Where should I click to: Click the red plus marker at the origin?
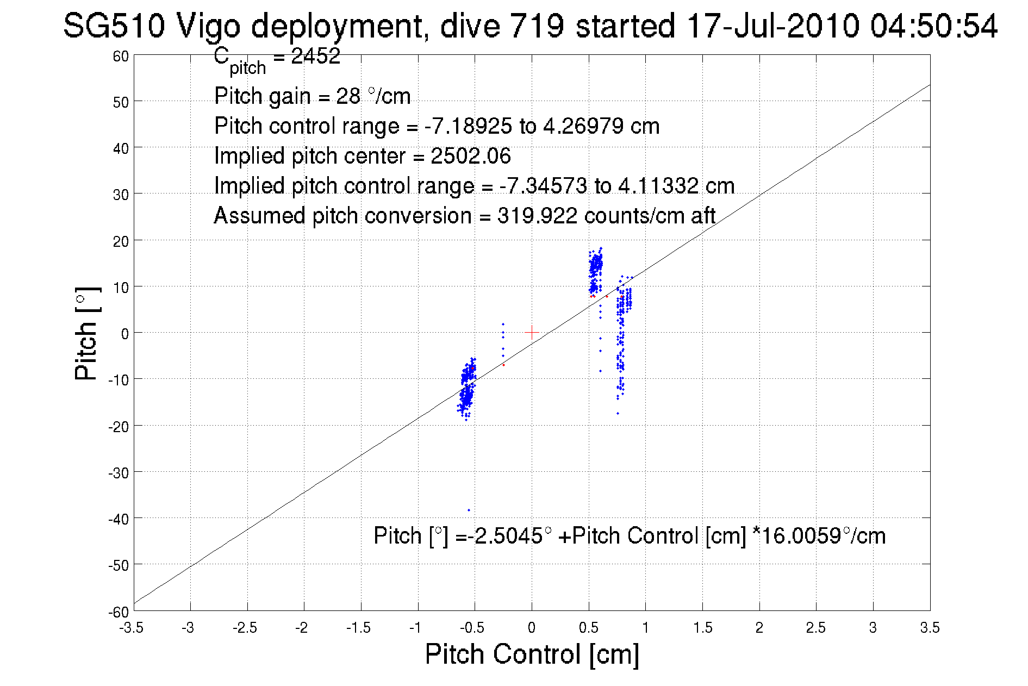[532, 332]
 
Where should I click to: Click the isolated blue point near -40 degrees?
[469, 510]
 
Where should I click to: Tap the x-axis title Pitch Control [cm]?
[532, 654]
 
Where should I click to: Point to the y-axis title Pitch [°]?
[87, 333]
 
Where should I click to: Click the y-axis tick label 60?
[121, 57]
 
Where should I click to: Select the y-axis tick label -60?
[118, 612]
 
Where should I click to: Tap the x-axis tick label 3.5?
[930, 628]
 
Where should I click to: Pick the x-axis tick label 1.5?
[702, 628]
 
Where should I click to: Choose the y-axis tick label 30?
[121, 195]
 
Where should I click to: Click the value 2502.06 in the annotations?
[471, 157]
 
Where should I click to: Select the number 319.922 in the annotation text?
[537, 216]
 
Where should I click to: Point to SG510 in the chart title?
[114, 26]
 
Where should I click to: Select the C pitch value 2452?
[316, 57]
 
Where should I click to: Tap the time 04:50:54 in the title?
[933, 26]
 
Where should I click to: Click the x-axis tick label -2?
[301, 628]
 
